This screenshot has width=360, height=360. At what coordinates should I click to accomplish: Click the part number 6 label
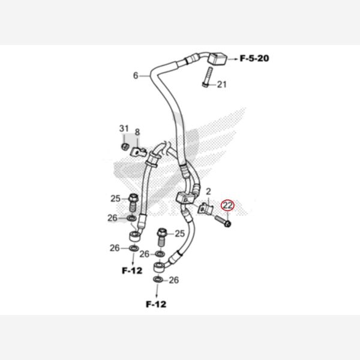point(136,76)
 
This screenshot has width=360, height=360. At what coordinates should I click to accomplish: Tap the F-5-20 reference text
point(255,59)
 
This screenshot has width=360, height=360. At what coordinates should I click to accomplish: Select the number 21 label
point(222,85)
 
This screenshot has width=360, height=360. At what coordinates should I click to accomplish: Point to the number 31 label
point(124,129)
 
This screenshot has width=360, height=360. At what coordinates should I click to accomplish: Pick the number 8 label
point(137,133)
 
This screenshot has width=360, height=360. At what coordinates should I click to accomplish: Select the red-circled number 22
point(228,205)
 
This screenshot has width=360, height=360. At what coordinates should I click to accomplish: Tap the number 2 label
point(208,191)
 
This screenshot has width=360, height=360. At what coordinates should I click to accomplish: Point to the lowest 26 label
point(174,280)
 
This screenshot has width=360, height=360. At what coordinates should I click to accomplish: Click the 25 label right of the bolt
point(179,233)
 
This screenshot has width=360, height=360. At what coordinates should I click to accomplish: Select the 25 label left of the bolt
point(116,199)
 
